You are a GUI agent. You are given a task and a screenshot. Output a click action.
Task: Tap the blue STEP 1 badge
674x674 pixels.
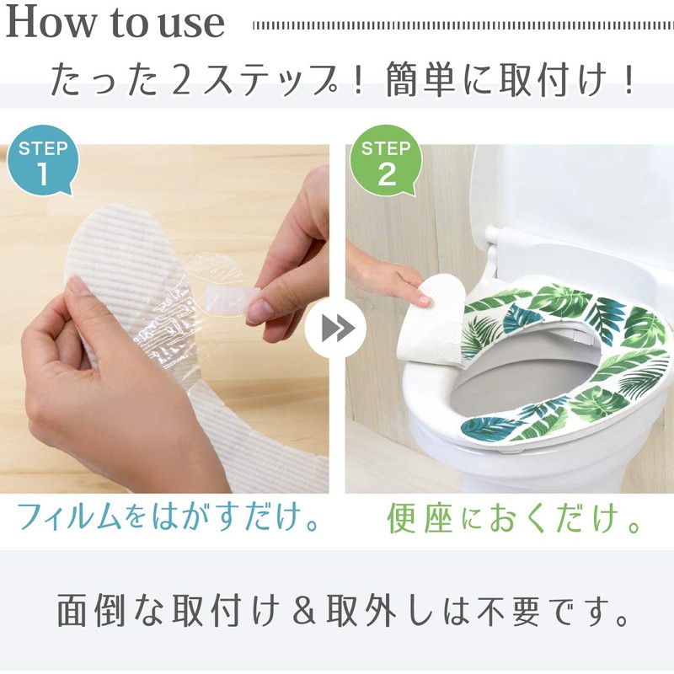43,160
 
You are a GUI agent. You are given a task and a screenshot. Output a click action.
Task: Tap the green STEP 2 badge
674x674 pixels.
386,160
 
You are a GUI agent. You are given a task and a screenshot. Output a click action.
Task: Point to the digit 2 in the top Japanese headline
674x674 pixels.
181,80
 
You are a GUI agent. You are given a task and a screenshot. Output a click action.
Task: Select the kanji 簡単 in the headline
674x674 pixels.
420,80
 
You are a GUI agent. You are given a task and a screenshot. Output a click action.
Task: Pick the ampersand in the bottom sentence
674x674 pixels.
304,609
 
